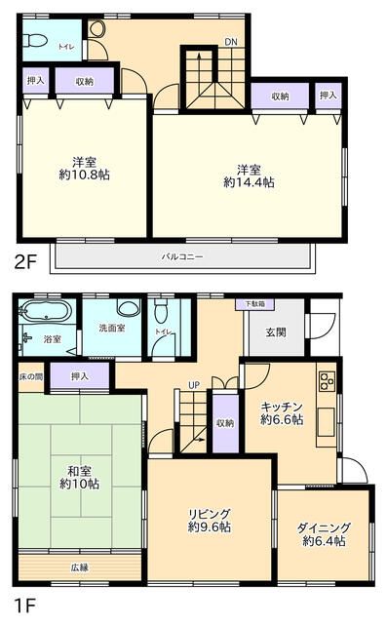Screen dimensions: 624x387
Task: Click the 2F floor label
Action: tap(24, 260)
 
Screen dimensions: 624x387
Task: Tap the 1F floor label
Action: tap(22, 604)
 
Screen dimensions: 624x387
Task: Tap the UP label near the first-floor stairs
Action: tap(194, 385)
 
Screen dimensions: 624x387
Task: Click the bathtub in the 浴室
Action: tap(46, 314)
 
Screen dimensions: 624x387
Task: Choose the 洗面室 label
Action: tap(112, 329)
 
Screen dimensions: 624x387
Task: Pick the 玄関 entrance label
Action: tap(275, 332)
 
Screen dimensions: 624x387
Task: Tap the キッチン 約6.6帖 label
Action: tap(282, 412)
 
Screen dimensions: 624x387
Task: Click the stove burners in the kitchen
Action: tap(326, 379)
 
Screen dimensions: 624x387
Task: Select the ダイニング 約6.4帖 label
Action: tap(324, 533)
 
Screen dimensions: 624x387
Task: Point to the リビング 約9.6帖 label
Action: tap(210, 520)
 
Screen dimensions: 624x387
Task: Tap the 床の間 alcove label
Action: tap(31, 376)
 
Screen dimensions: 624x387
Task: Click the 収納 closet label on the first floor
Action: tap(225, 423)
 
